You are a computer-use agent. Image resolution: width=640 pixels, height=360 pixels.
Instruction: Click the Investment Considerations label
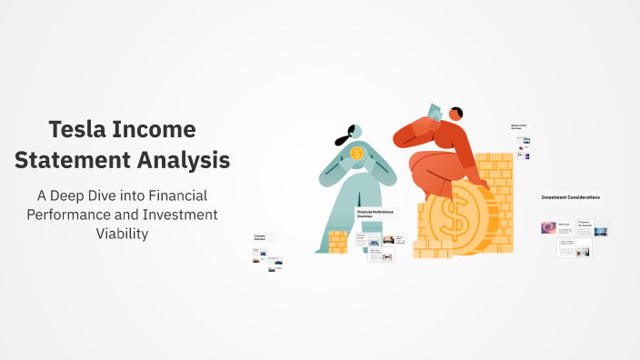(570, 197)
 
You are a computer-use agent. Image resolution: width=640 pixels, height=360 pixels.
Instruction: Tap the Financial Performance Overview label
(374, 215)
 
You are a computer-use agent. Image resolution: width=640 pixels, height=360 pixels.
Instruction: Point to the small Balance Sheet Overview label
(518, 127)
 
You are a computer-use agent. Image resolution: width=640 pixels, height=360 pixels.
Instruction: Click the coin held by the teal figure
(357, 154)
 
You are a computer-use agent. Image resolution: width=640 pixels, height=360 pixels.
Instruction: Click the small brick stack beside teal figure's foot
(337, 241)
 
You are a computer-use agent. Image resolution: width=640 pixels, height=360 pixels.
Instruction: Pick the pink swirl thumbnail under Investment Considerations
(548, 228)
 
